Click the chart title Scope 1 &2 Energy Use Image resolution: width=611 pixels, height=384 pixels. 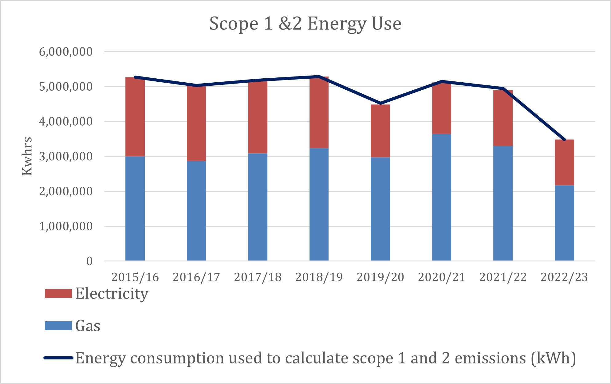305,24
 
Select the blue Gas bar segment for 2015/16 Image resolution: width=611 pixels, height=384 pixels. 135,209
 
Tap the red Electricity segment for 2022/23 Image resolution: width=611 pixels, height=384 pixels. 564,163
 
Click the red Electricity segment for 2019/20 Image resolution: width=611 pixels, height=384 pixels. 380,131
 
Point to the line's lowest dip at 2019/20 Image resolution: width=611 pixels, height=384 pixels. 380,103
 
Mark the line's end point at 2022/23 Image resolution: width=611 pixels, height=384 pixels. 564,140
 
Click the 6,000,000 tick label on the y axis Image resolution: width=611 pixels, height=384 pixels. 66,52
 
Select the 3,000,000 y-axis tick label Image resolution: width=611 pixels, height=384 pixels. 66,156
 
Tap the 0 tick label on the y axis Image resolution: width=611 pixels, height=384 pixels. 89,261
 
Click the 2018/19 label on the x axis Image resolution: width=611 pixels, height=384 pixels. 319,277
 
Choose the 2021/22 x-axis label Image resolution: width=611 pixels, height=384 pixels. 503,277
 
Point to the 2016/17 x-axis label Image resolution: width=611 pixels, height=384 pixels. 196,277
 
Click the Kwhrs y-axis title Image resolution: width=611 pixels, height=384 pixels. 27,156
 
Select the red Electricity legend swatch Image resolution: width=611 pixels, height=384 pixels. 58,293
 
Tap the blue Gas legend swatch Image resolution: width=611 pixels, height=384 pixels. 58,326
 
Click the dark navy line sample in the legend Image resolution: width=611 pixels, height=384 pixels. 58,358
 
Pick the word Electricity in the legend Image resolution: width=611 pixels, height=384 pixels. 112,293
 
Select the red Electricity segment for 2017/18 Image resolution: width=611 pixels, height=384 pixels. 258,117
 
